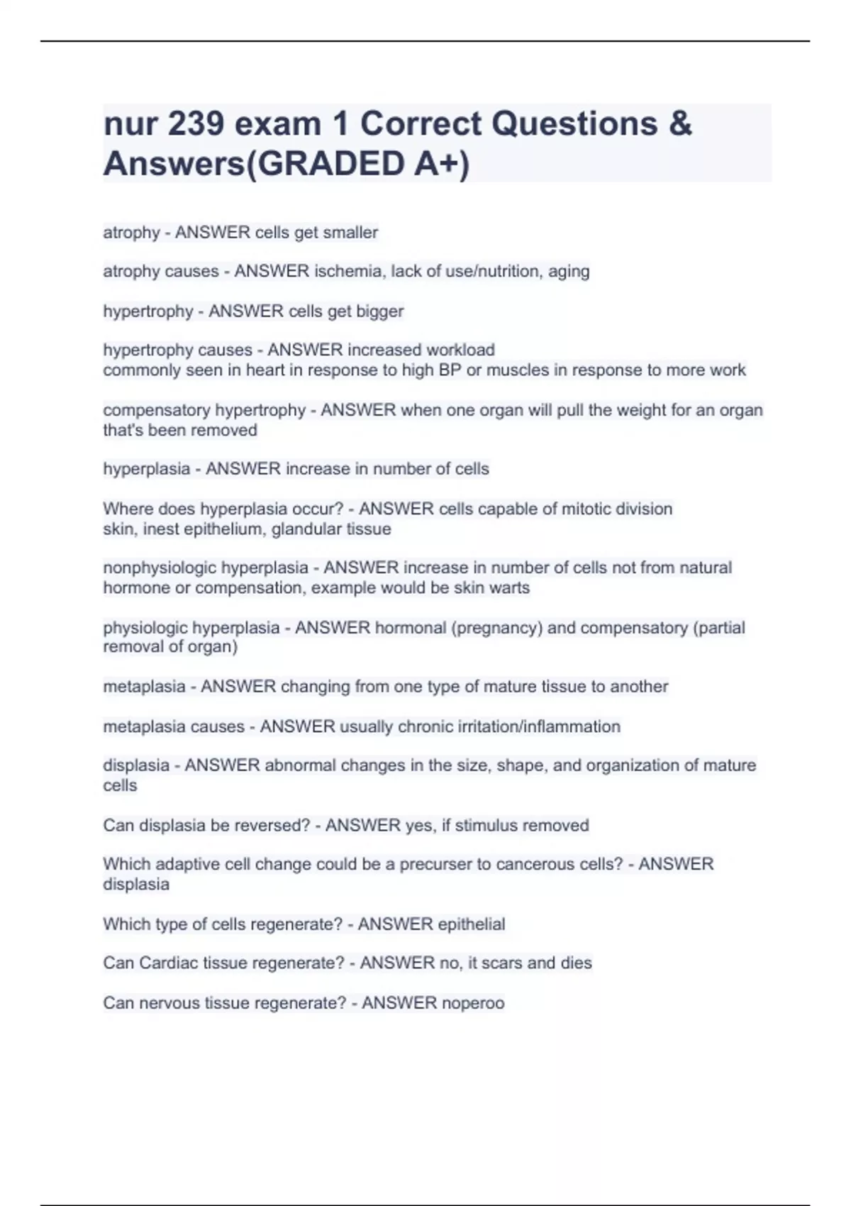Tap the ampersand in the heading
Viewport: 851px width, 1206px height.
click(679, 124)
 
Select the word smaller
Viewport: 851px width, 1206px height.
click(350, 233)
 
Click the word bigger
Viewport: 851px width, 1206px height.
click(382, 311)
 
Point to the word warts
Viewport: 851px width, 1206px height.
click(509, 588)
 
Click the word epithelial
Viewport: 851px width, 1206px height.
click(472, 924)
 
